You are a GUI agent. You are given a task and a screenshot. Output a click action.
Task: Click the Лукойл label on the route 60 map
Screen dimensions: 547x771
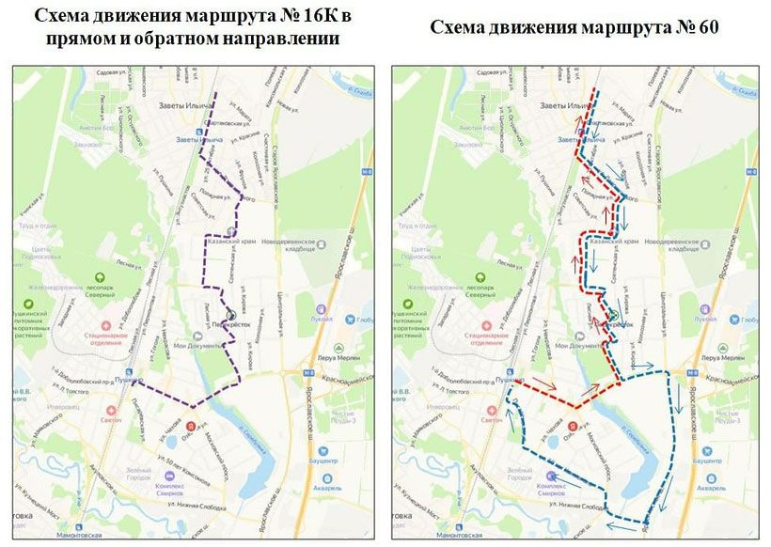click(x=705, y=320)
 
